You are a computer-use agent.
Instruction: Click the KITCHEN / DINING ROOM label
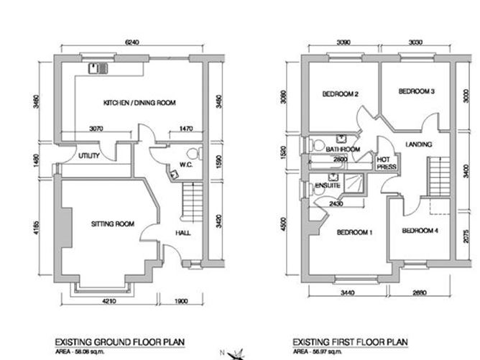pos(139,103)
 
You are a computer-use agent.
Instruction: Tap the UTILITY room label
pos(88,154)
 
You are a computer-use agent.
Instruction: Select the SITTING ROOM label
pos(113,224)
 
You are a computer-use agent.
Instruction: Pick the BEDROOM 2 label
pos(340,94)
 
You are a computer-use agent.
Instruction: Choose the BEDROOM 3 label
pos(417,91)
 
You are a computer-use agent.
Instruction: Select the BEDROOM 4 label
pos(420,231)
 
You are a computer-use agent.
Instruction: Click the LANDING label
pos(418,144)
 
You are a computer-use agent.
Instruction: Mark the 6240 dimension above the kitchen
pos(131,42)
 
